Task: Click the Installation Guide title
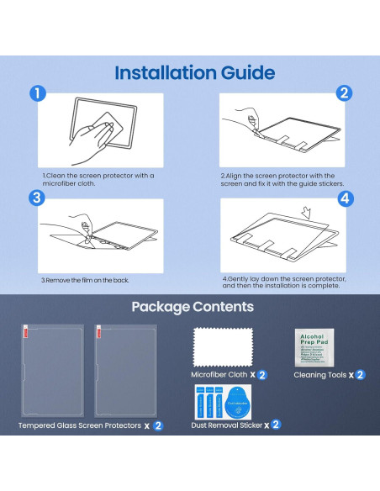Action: tap(194, 72)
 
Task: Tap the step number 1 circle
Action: tap(36, 93)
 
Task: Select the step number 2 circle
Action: tap(344, 93)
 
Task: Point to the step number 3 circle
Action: tap(36, 198)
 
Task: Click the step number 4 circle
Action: tap(344, 200)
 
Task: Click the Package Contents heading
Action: tap(193, 307)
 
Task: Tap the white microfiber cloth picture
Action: tap(222, 345)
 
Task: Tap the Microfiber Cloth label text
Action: tap(217, 375)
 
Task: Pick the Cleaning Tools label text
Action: tap(321, 375)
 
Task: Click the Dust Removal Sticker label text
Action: tap(224, 425)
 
